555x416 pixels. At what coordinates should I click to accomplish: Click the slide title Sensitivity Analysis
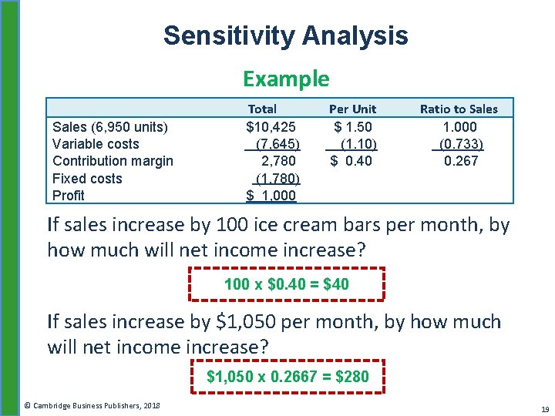click(x=285, y=35)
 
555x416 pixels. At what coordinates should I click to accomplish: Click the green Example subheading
click(x=286, y=79)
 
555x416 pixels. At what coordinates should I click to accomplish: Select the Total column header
click(x=262, y=109)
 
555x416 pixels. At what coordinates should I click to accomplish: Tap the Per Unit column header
click(x=352, y=109)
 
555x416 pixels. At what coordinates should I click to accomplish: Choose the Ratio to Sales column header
click(x=459, y=109)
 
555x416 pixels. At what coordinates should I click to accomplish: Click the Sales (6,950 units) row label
click(x=110, y=126)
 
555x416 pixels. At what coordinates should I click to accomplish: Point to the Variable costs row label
click(x=96, y=143)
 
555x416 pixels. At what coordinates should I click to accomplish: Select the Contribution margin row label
click(x=113, y=160)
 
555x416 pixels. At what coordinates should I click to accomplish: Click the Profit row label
click(x=69, y=195)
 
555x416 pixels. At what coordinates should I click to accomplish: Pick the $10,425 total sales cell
click(x=271, y=126)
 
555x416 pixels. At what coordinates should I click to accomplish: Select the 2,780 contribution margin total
click(x=278, y=160)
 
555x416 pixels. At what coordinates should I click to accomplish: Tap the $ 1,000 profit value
click(x=271, y=196)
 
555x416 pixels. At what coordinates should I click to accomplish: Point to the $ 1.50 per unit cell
click(x=352, y=126)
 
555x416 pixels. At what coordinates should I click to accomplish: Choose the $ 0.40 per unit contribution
click(x=351, y=160)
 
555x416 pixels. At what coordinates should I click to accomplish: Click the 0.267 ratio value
click(x=461, y=160)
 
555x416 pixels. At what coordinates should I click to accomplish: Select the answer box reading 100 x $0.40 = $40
click(x=287, y=284)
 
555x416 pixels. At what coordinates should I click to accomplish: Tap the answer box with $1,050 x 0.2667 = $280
click(x=288, y=377)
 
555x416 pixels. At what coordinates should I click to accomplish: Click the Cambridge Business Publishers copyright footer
click(x=91, y=405)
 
